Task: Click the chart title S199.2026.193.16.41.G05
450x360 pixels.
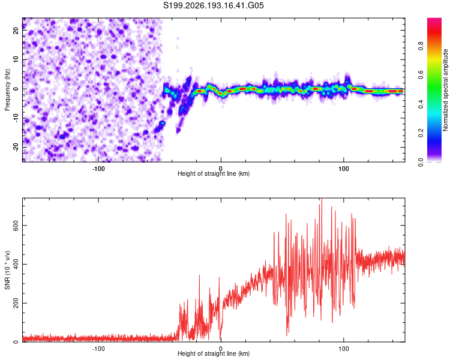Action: coord(213,5)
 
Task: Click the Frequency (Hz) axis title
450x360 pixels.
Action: coord(7,90)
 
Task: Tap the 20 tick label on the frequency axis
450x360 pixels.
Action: coord(16,30)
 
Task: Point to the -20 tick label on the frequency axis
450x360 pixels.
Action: coord(16,148)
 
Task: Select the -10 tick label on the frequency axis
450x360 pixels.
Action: coord(16,118)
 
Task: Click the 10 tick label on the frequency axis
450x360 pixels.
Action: coord(16,59)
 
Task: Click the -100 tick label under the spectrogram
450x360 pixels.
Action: coord(98,169)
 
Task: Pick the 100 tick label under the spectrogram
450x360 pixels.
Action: coord(344,169)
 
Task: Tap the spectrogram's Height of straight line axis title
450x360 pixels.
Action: coord(214,173)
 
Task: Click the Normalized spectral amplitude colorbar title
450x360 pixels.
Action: coord(445,90)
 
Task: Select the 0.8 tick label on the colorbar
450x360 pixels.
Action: coord(421,46)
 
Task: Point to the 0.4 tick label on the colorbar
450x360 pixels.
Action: coord(421,104)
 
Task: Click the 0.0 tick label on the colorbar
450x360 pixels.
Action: coord(421,163)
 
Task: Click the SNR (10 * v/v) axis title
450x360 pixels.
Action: coord(7,270)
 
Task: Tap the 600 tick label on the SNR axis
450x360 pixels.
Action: coord(16,226)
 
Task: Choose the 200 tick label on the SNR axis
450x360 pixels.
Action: coord(16,303)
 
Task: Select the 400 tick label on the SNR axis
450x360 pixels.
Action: coord(16,264)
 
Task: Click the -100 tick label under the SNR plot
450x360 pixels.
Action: coord(98,349)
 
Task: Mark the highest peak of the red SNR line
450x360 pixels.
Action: coord(322,199)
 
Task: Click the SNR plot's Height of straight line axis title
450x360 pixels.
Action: coord(214,353)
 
